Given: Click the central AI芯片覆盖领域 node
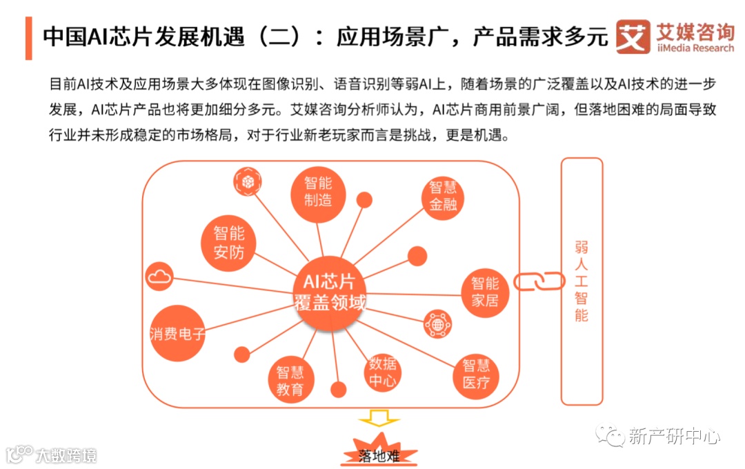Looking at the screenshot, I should (329, 292).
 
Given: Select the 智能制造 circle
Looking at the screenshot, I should (318, 192).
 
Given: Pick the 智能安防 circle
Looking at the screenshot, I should (229, 243).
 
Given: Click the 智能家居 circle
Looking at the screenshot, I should (484, 292).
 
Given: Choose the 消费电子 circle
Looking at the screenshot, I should (178, 335).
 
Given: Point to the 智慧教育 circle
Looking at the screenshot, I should (290, 381).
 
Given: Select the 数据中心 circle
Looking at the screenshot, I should (382, 372).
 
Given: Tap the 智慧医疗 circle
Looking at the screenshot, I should (476, 375).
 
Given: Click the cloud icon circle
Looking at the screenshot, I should (159, 277).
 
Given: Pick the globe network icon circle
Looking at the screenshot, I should (437, 323).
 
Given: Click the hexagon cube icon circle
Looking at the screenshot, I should (247, 181).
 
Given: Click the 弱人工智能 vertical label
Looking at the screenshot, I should (582, 281).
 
